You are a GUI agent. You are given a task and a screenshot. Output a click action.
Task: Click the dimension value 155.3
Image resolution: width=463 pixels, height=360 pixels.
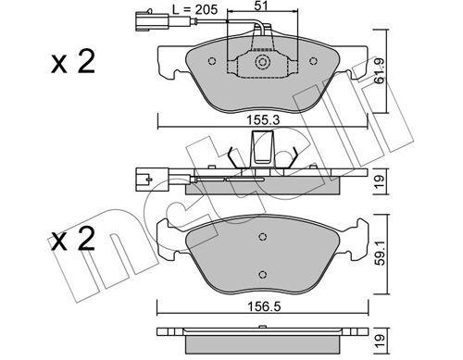tap(263, 120)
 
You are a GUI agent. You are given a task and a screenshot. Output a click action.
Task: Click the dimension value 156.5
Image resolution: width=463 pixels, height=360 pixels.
tap(264, 306)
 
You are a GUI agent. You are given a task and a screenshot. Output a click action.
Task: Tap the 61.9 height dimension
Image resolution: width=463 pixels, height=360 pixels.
tap(379, 71)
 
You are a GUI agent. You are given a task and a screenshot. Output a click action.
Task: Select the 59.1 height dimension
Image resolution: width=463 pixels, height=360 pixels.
tap(380, 254)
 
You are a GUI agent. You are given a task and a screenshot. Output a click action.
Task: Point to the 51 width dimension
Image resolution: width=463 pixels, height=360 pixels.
tap(261, 6)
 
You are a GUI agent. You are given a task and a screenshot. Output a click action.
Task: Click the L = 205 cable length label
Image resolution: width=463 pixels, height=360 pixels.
tap(194, 9)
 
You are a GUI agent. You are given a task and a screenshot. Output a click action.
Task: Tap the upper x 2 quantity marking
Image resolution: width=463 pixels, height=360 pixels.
tap(73, 61)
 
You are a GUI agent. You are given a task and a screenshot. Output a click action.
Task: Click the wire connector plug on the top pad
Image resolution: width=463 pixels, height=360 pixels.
tap(152, 20)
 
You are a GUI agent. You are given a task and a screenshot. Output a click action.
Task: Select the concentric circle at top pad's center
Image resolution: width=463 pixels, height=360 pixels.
tap(263, 62)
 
